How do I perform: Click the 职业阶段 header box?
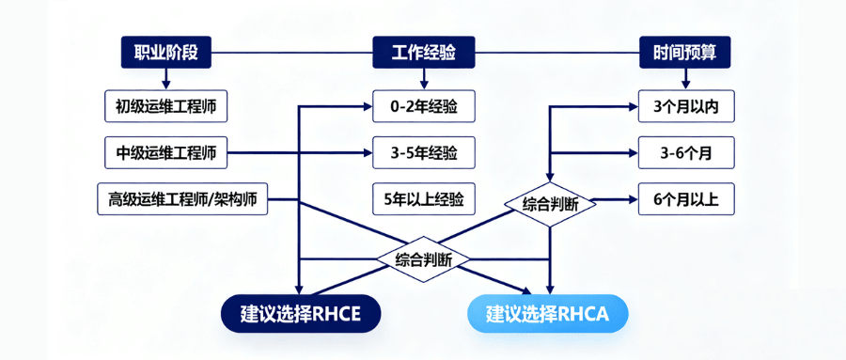[x=165, y=52]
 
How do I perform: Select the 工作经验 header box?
[x=423, y=52]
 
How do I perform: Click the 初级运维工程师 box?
[x=165, y=106]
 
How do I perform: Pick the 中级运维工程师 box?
[x=165, y=151]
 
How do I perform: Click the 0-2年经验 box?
[x=423, y=106]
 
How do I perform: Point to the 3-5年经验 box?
[x=423, y=151]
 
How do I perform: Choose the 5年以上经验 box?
[x=423, y=198]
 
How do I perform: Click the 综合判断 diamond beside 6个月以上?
[x=550, y=202]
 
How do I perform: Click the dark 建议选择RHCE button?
[x=301, y=314]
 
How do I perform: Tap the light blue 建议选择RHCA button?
[x=547, y=314]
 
